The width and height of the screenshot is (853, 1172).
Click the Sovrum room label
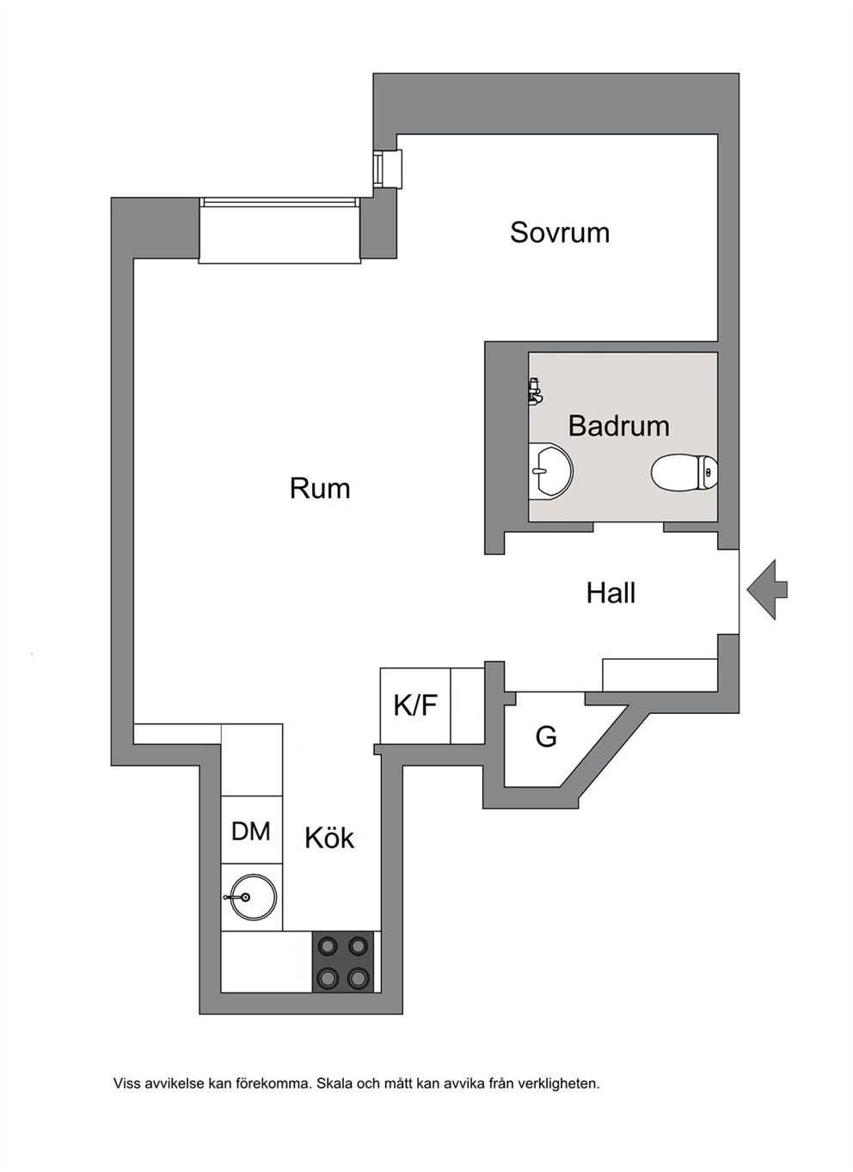tap(560, 232)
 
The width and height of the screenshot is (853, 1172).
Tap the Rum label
tap(320, 488)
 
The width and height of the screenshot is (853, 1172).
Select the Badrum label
tap(618, 425)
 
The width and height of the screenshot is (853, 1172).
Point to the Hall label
tap(611, 593)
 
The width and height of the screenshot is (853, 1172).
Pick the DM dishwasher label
tap(251, 831)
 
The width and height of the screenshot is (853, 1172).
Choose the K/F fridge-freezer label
tap(415, 705)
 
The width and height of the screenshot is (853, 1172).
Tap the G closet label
tap(546, 736)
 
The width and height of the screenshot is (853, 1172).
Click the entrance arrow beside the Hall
tap(767, 589)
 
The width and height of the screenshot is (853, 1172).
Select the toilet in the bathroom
tap(684, 472)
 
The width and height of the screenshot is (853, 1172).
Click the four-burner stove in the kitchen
tap(343, 961)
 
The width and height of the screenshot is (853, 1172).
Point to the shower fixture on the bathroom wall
tap(535, 391)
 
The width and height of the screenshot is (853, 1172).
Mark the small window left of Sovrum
tap(388, 169)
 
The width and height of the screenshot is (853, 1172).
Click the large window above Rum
tap(280, 230)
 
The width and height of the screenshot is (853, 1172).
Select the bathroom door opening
tap(629, 527)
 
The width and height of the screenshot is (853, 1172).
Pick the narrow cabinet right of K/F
tap(467, 705)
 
